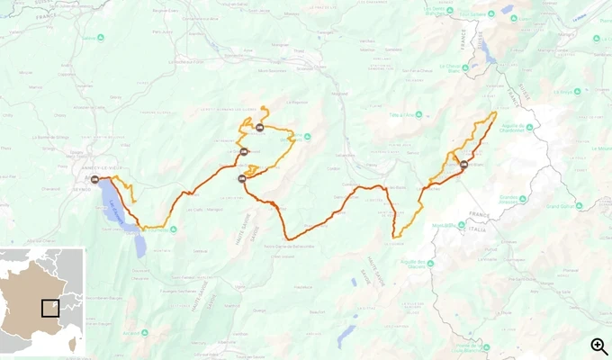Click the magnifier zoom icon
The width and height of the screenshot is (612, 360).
tap(599, 346)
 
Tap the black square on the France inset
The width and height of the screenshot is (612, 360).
tap(51, 308)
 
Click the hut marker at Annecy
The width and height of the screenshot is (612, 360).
tap(95, 179)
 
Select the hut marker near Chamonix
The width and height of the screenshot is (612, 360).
tap(463, 165)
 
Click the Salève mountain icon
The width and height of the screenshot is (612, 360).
tap(101, 38)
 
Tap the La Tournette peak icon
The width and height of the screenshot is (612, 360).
tap(174, 229)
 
